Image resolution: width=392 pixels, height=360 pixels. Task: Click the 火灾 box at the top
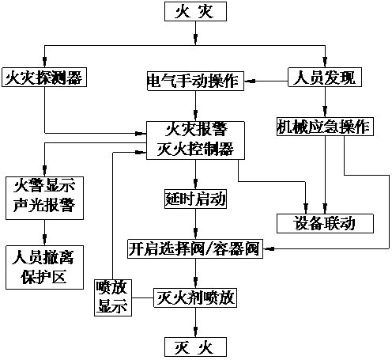[x=195, y=12]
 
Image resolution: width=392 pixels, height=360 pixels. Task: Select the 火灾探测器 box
[x=44, y=78]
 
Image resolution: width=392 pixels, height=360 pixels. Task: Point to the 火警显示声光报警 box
[x=44, y=196]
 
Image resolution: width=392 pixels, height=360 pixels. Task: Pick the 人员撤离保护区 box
[x=44, y=267]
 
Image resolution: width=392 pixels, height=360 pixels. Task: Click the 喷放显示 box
[x=111, y=297]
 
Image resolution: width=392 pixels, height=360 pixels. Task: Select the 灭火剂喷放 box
[x=195, y=298]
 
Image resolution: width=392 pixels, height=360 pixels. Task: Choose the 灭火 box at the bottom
[x=195, y=347]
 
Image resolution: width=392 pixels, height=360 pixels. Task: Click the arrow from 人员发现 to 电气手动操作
[x=265, y=78]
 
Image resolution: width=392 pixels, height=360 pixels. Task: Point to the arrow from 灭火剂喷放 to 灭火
[x=195, y=323]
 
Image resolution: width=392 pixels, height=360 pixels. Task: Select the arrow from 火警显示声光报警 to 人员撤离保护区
[x=44, y=231]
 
